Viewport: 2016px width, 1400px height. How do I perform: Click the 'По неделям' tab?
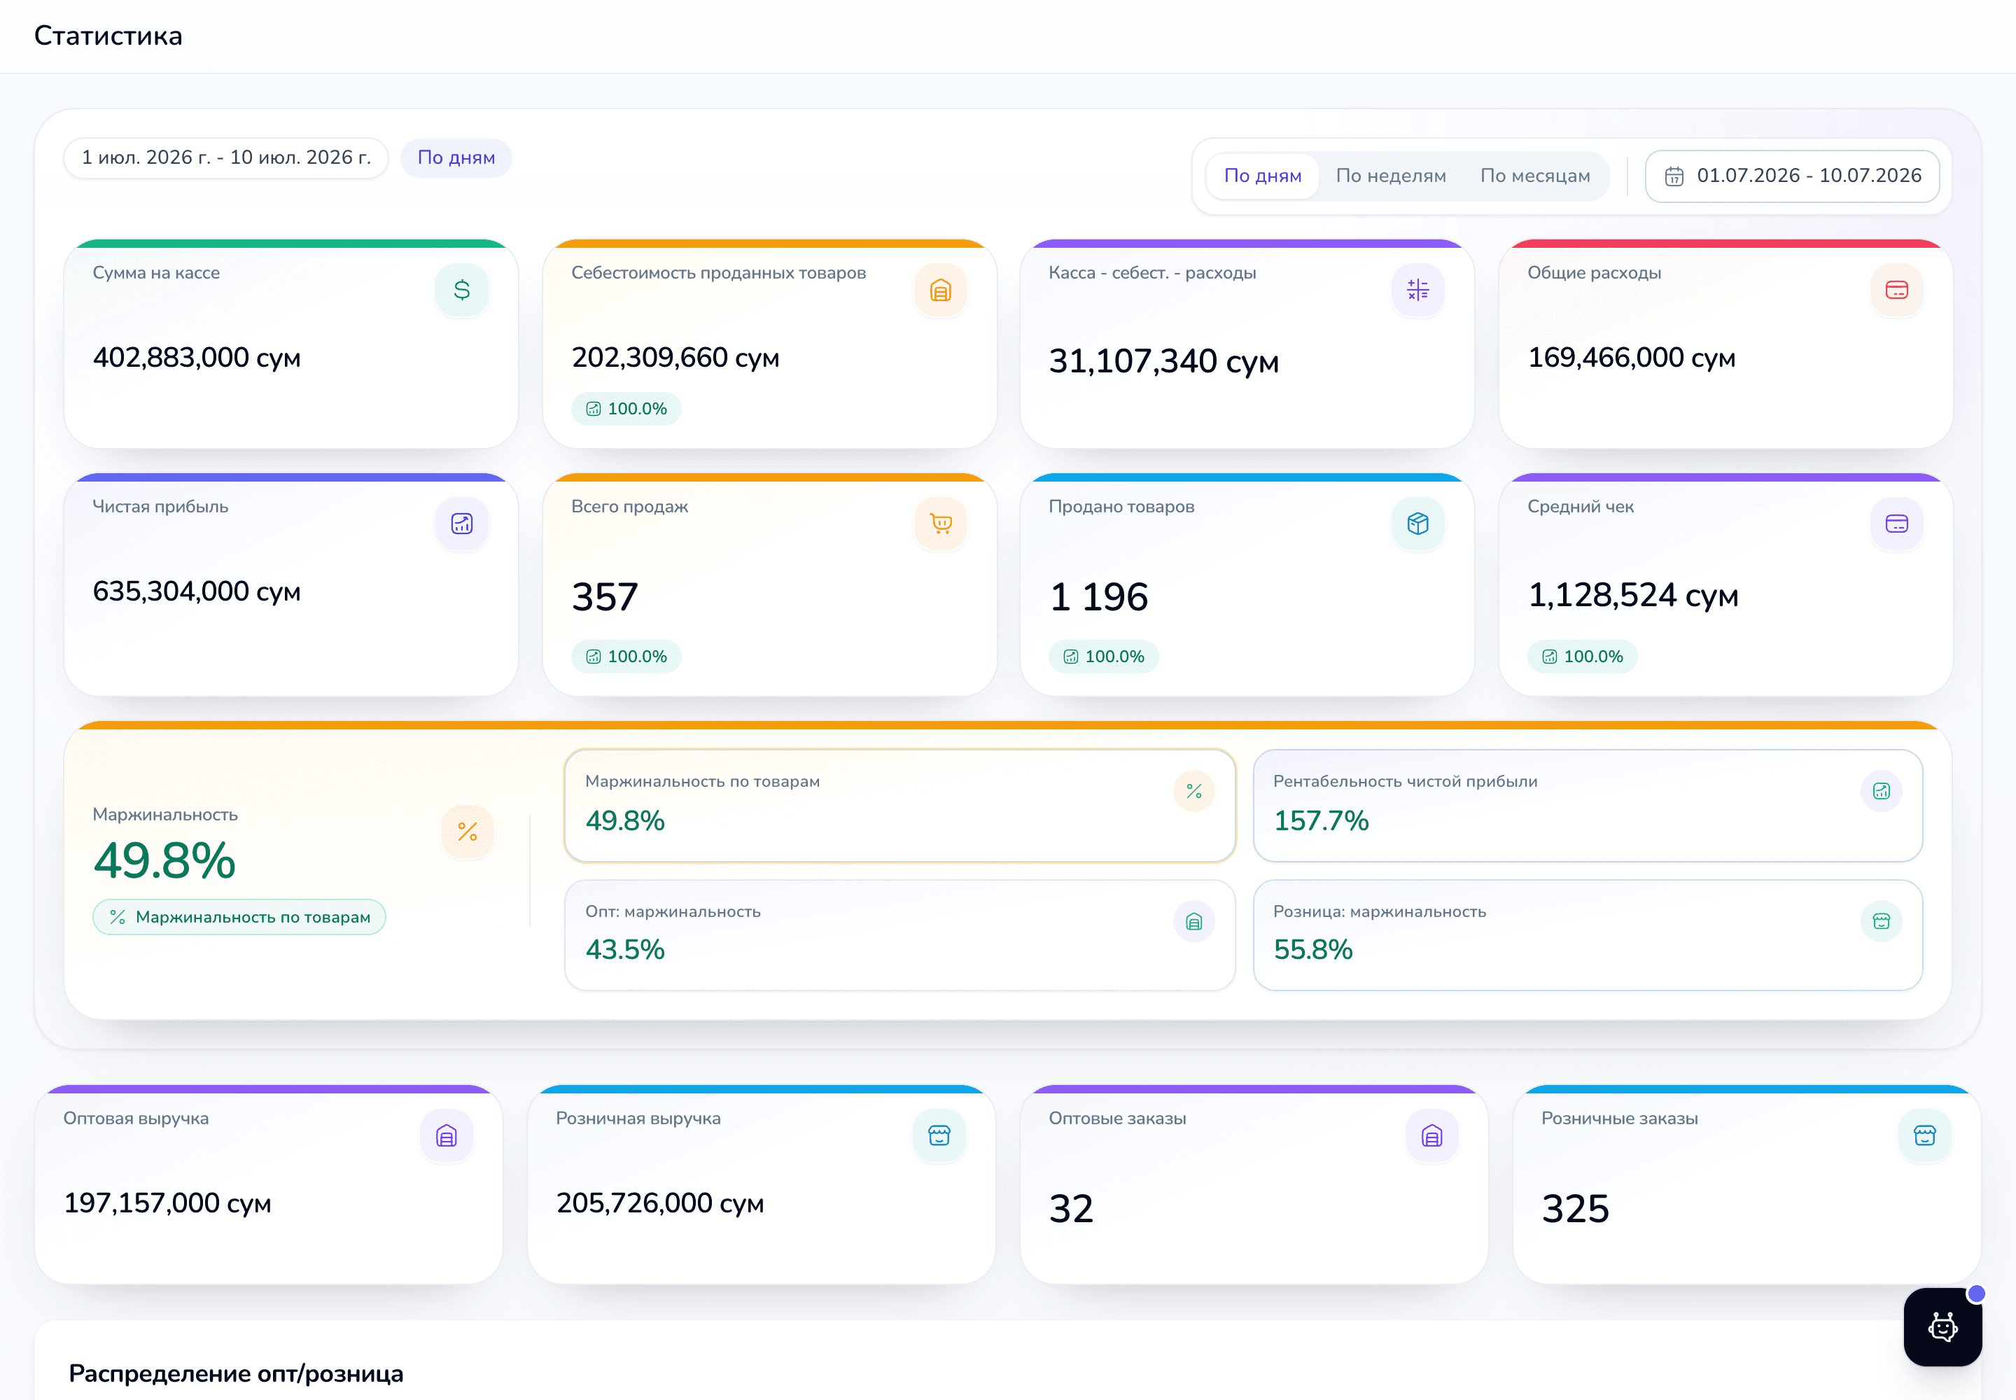[1390, 176]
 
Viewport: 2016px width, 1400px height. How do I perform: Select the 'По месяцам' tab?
[1535, 176]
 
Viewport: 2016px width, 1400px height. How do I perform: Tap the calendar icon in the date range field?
[1674, 176]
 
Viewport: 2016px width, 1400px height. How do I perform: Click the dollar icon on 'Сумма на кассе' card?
[461, 290]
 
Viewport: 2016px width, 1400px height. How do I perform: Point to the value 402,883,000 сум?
[197, 357]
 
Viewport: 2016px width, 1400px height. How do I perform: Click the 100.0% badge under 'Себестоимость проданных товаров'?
[626, 409]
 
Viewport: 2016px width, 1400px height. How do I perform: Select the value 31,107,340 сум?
[1163, 360]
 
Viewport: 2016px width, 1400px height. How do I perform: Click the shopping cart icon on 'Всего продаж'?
[940, 524]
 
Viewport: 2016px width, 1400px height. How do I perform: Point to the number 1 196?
[1098, 596]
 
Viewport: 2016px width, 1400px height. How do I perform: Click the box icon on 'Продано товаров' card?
[1417, 524]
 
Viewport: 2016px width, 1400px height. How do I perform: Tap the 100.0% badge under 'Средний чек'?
[1583, 656]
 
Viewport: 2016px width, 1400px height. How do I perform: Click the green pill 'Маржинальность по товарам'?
[239, 917]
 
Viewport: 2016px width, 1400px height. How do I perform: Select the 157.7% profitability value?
[1321, 820]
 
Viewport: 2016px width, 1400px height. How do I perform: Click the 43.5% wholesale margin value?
[624, 949]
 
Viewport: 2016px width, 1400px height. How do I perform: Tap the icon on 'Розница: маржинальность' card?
[1881, 921]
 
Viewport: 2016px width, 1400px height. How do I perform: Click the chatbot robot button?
[1942, 1326]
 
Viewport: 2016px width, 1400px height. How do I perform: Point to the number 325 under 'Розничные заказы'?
[1576, 1208]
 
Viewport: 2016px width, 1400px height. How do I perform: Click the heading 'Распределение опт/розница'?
[236, 1373]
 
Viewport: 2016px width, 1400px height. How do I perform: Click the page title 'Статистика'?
[108, 36]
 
